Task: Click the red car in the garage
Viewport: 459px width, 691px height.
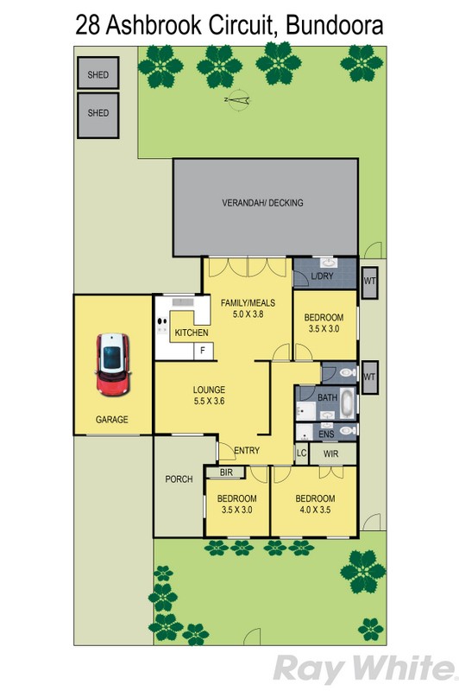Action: [112, 364]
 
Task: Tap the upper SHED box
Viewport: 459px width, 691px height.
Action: [98, 73]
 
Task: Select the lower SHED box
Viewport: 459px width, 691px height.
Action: [98, 115]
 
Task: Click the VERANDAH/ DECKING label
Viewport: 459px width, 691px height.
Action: [262, 203]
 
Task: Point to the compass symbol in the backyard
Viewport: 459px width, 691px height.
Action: [237, 100]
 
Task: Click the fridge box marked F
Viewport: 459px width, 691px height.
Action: [204, 351]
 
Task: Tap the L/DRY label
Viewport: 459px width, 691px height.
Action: [322, 276]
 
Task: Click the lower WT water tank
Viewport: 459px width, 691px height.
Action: [369, 377]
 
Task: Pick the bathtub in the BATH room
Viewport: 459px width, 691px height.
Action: [348, 403]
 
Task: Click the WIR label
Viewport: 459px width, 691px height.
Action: [331, 453]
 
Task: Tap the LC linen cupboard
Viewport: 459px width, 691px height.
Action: [301, 453]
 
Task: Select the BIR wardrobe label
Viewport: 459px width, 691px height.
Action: [226, 472]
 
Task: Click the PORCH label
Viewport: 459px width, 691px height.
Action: [179, 479]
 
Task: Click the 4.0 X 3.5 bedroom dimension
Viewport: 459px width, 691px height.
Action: [315, 510]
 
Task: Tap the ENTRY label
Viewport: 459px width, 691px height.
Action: [247, 450]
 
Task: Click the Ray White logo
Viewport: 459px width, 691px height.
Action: [365, 669]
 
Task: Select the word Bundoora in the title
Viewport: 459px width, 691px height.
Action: [335, 25]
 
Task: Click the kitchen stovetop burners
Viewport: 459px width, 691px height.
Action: [162, 326]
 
